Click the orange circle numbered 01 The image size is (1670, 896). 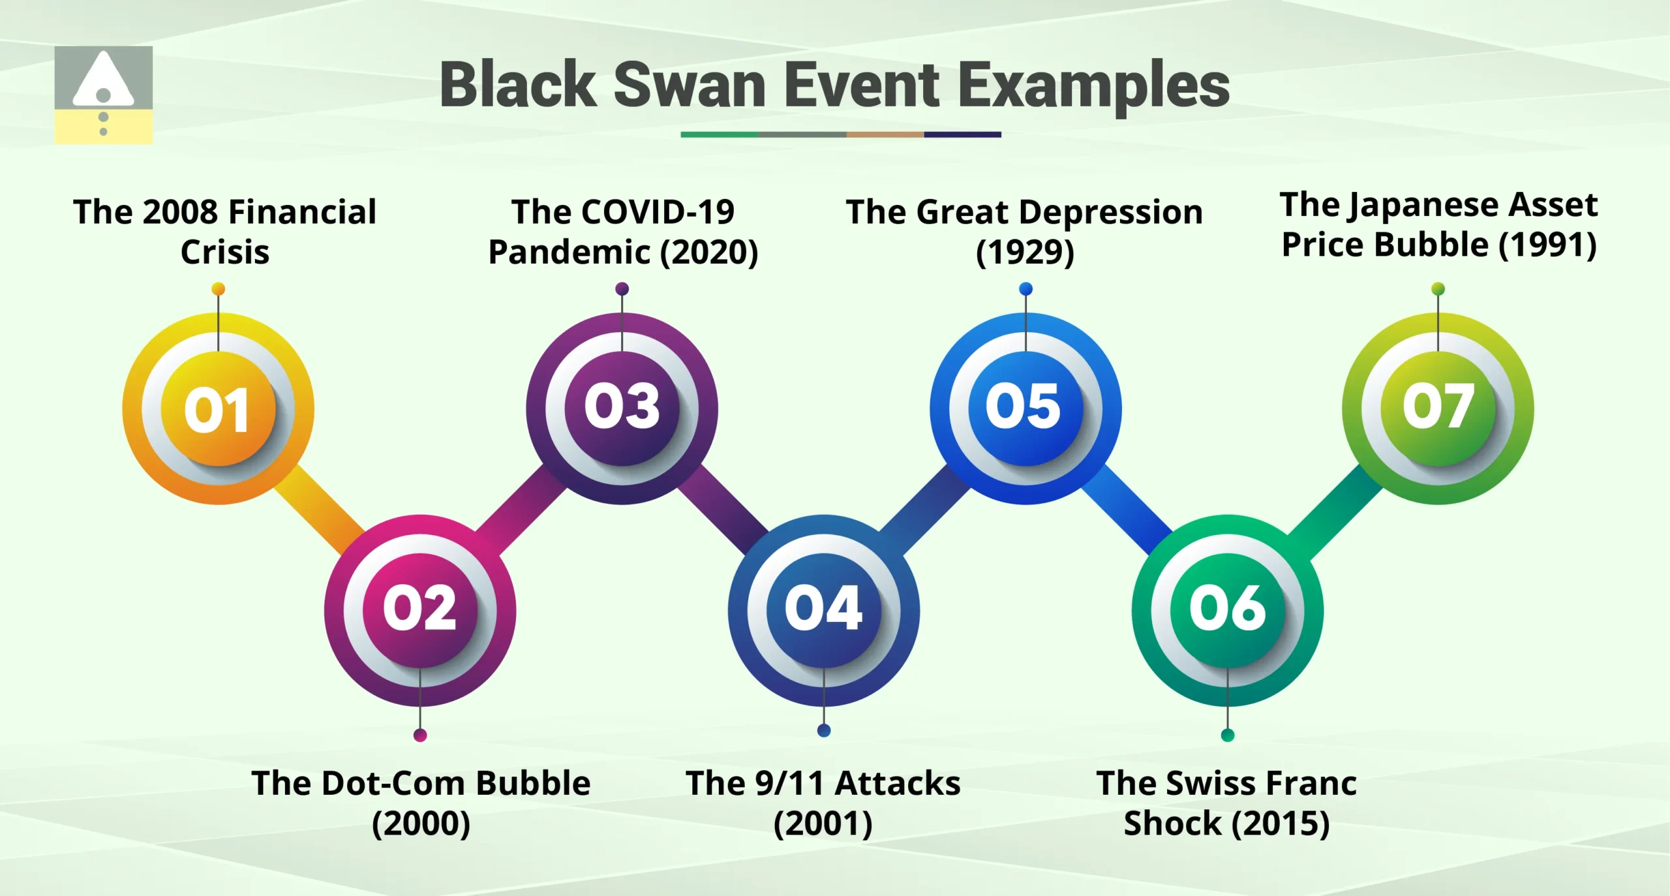218,409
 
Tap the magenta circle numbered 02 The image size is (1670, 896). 420,610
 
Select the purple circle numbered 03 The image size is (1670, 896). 622,408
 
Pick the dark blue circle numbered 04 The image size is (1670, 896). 823,610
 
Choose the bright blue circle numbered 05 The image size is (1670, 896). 1025,408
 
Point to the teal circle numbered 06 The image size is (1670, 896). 1227,610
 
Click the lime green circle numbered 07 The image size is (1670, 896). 1438,408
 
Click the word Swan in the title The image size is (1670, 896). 690,85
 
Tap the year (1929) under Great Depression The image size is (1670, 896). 1024,253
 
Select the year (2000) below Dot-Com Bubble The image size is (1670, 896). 421,823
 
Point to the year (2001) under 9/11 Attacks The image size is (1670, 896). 823,823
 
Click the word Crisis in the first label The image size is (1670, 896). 225,253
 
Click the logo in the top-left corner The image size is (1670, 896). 103,95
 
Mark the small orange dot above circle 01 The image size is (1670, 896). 219,289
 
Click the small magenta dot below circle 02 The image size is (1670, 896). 420,735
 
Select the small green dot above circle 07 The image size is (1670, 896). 1438,289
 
